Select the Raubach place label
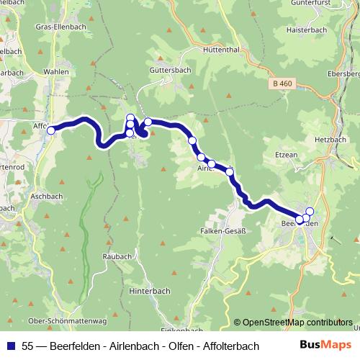[x=117, y=256]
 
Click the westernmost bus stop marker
[x=51, y=130]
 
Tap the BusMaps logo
[x=321, y=346]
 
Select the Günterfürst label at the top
[x=328, y=4]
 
